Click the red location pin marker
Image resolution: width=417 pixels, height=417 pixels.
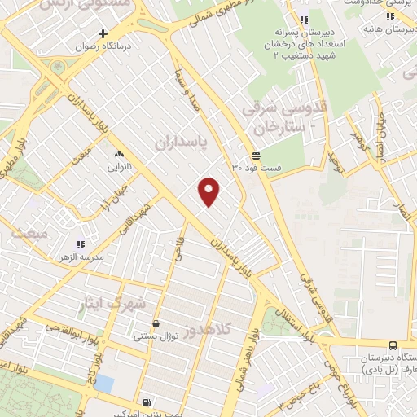tap(210, 191)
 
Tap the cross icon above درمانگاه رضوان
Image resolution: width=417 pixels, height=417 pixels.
tap(102, 33)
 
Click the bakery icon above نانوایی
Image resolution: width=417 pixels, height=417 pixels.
tap(120, 153)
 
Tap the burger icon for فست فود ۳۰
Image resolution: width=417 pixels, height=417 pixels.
tap(257, 155)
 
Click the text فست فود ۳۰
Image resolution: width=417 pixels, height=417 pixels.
tap(257, 167)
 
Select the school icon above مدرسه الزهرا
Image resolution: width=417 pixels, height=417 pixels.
tap(80, 244)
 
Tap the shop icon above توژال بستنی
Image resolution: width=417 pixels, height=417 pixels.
tap(155, 323)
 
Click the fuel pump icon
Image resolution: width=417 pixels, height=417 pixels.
tap(146, 402)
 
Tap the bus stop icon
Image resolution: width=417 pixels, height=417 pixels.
tap(393, 345)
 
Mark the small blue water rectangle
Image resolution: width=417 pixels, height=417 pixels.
tap(103, 384)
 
